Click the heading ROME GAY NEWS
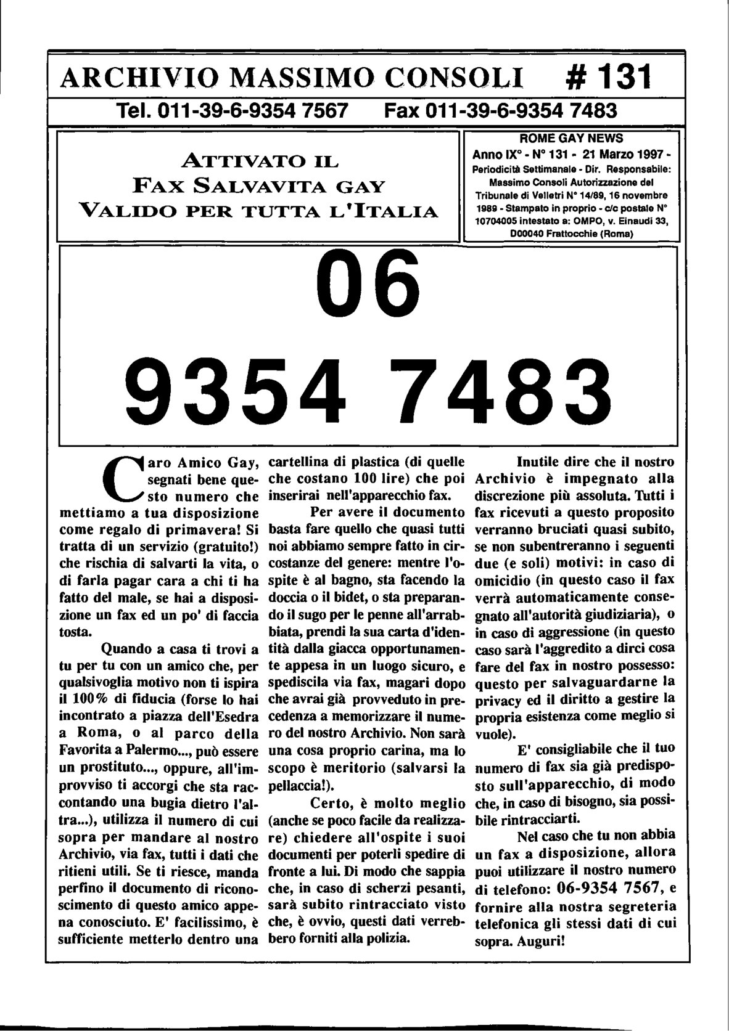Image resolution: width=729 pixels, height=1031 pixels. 571,138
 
